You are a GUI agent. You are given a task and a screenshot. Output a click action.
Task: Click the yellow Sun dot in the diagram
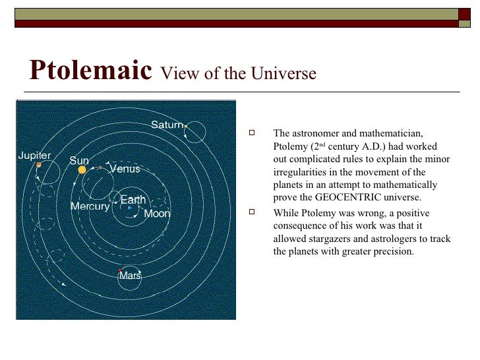tap(82, 170)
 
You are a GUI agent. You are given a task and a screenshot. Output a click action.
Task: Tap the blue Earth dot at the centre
tap(130, 208)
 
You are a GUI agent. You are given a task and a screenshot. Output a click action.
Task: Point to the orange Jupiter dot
tap(39, 165)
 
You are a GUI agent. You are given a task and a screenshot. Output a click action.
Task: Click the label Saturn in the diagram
tap(166, 125)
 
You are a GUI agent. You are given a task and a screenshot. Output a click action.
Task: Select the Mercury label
tap(90, 206)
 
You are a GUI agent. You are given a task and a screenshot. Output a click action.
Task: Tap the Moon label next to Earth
tap(157, 214)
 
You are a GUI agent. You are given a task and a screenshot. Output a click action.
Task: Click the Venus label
tap(125, 169)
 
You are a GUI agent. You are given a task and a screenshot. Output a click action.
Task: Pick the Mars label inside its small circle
tap(130, 276)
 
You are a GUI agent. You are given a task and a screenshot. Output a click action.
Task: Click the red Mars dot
tap(120, 270)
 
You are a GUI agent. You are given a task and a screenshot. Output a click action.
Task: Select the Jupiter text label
tap(34, 156)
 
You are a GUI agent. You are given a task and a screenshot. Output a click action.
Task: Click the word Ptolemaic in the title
tap(91, 71)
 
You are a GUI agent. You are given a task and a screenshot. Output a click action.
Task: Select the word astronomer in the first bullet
tap(313, 134)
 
